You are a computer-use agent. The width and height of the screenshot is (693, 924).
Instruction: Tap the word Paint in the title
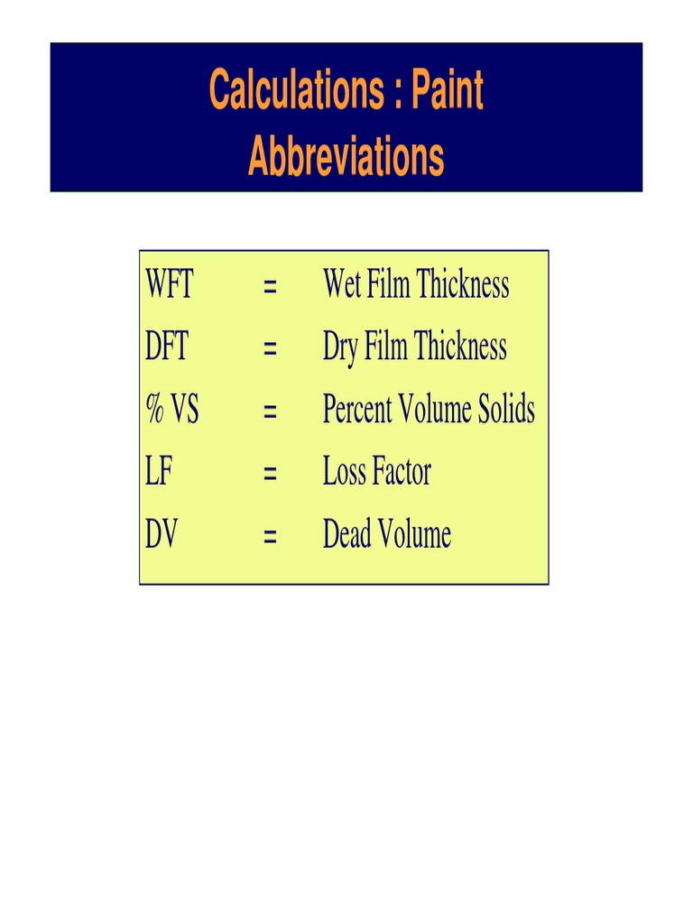pyautogui.click(x=448, y=90)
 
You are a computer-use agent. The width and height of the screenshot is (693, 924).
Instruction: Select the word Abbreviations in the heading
pyautogui.click(x=346, y=157)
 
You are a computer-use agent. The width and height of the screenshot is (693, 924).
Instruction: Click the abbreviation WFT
pyautogui.click(x=169, y=286)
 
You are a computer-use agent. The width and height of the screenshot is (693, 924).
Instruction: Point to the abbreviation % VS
pyautogui.click(x=171, y=411)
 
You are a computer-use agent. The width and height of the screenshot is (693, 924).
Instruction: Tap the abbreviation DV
pyautogui.click(x=162, y=535)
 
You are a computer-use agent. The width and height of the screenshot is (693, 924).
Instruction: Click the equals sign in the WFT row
pyautogui.click(x=269, y=288)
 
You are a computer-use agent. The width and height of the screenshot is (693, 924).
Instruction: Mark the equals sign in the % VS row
pyautogui.click(x=269, y=412)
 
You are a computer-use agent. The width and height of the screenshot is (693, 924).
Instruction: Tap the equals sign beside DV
pyautogui.click(x=269, y=537)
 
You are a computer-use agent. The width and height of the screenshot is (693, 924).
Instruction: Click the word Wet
pyautogui.click(x=343, y=286)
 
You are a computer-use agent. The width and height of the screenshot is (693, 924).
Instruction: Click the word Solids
pyautogui.click(x=506, y=411)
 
